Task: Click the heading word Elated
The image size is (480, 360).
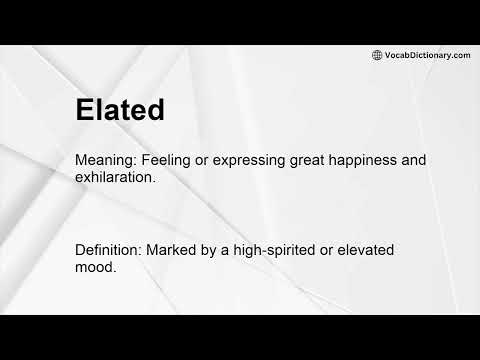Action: coord(119,110)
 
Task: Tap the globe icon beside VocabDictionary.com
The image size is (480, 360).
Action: coord(377,55)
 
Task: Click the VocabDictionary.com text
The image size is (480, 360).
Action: coord(427,55)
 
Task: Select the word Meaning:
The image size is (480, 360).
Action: coord(107,159)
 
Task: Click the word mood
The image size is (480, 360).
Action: coord(96,267)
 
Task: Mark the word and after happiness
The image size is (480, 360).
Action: coord(441,159)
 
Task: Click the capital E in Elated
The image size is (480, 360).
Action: coord(85,110)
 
